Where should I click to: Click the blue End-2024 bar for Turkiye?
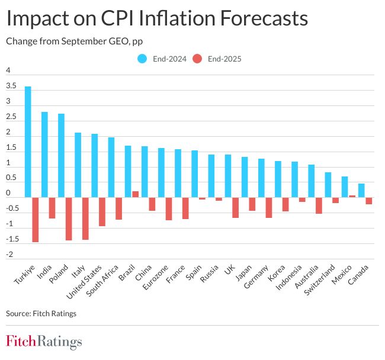point(28,142)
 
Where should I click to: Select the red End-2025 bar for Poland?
point(68,218)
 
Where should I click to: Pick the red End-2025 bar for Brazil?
point(135,194)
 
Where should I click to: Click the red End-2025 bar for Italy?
point(85,218)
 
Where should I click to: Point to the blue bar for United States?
point(95,166)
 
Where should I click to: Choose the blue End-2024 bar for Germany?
point(261,178)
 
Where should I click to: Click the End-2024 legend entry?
point(161,59)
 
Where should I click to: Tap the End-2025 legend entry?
point(219,59)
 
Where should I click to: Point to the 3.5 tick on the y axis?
point(11,86)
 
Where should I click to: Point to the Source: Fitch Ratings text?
point(41,313)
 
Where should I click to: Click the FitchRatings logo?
point(44,342)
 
